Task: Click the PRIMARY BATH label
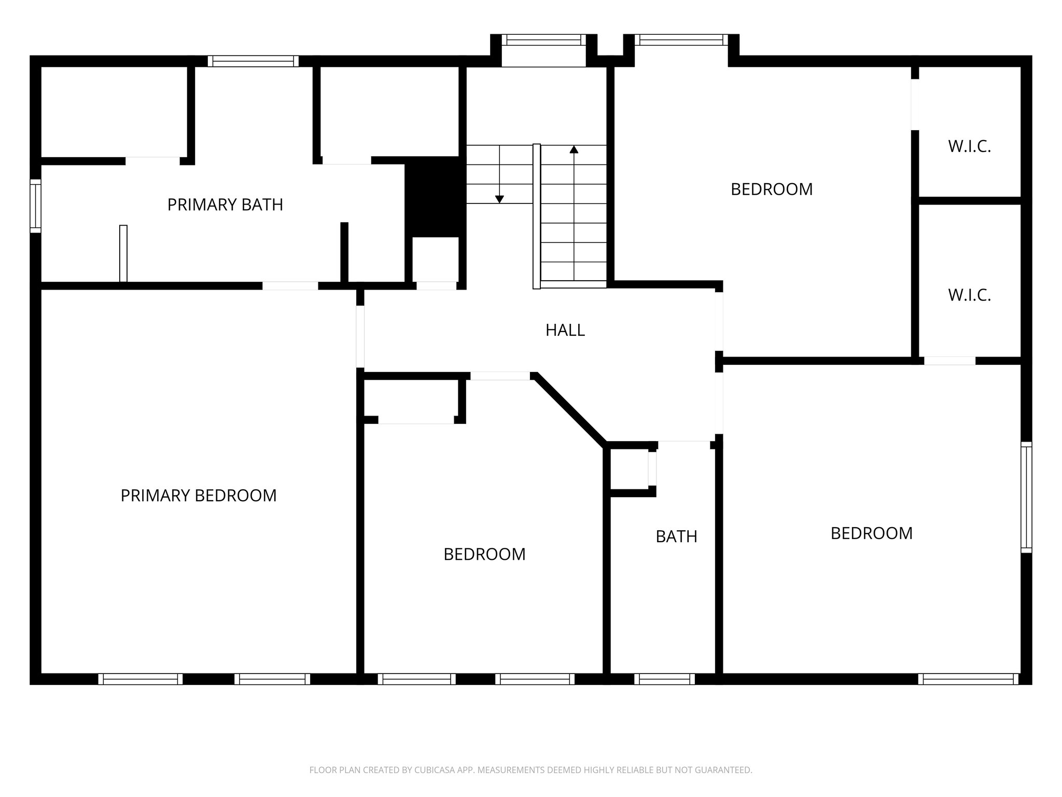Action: pos(225,205)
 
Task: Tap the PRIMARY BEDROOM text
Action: pos(199,496)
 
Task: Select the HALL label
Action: pos(565,330)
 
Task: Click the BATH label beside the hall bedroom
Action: pos(676,537)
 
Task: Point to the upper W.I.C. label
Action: pos(969,147)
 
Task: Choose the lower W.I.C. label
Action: pos(969,295)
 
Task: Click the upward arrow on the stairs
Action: pos(574,150)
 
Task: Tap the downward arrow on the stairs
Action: pos(499,199)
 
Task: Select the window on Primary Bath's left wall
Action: pos(35,206)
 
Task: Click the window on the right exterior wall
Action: pos(1026,497)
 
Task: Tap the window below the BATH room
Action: pos(664,679)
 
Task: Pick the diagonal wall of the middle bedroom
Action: pos(570,409)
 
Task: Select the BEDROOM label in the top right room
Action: pos(771,189)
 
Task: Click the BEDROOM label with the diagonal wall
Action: pos(484,555)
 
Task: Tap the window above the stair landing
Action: pos(543,40)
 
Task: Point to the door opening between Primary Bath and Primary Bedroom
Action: pos(290,286)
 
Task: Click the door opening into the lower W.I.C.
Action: pos(949,361)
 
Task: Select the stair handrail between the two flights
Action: pos(537,216)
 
